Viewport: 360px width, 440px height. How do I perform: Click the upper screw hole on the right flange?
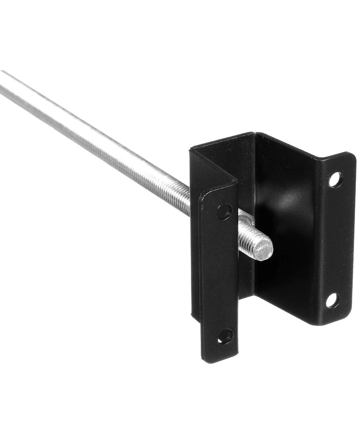click(335, 180)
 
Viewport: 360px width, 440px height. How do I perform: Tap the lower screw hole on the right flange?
click(332, 300)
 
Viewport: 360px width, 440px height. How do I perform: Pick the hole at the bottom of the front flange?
click(225, 336)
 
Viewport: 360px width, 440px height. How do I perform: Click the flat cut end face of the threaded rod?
click(263, 249)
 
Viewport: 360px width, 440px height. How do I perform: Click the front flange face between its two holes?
click(220, 275)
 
